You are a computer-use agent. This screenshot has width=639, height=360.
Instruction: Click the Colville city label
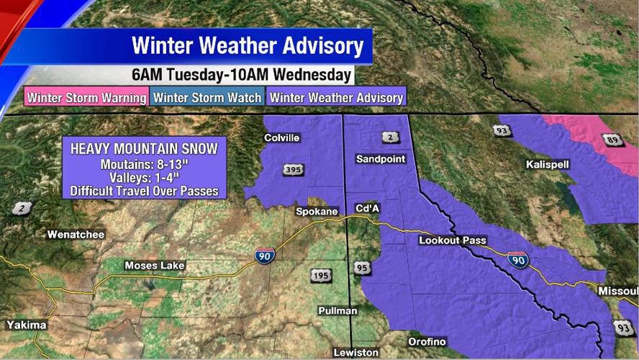click(x=281, y=138)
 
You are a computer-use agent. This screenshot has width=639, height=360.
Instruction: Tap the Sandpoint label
click(x=381, y=158)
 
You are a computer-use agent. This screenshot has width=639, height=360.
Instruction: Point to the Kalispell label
click(x=548, y=164)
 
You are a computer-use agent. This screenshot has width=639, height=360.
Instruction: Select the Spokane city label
click(x=317, y=212)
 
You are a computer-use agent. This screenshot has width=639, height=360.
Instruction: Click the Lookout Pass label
click(x=453, y=240)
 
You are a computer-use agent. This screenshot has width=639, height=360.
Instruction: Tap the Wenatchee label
click(x=76, y=234)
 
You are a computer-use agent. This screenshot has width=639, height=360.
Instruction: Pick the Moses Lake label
click(x=155, y=265)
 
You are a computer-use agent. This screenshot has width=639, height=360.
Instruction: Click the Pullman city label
click(x=337, y=310)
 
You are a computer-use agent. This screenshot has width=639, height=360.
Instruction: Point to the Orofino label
click(x=427, y=341)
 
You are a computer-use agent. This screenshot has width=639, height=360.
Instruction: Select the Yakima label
click(x=27, y=325)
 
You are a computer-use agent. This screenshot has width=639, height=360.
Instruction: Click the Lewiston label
click(x=355, y=352)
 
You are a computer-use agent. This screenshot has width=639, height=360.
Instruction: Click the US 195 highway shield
click(x=322, y=276)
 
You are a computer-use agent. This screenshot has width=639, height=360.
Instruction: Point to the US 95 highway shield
click(x=361, y=268)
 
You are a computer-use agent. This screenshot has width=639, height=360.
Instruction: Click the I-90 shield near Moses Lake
click(x=264, y=255)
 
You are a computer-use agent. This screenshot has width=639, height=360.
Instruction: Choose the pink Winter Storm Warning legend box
click(x=86, y=96)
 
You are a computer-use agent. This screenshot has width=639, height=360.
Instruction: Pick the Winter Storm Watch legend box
click(x=207, y=96)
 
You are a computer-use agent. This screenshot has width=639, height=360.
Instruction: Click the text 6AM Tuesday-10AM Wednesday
click(x=242, y=75)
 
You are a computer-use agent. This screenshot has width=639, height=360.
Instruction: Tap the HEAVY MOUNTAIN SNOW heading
click(x=144, y=148)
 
